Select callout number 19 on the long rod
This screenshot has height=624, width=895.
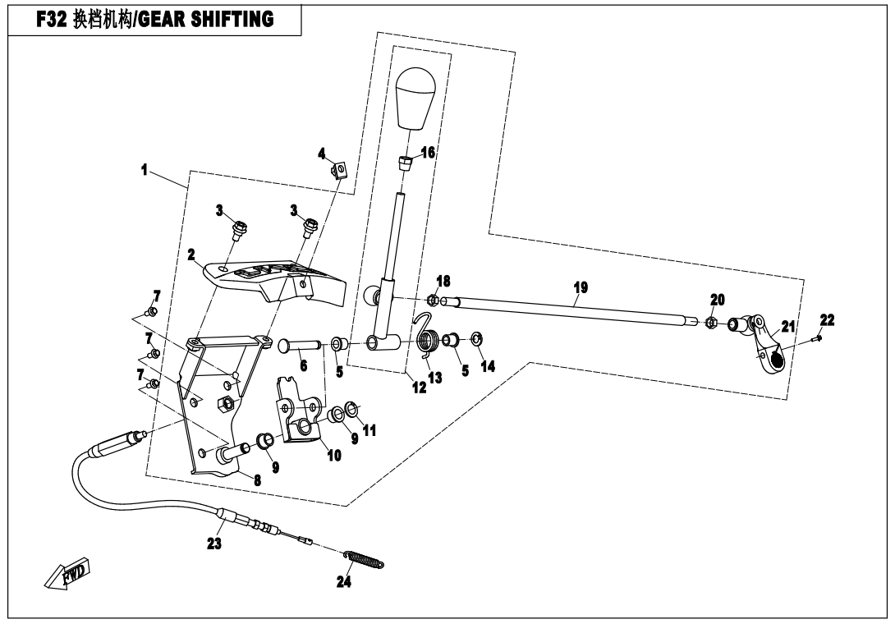(581, 288)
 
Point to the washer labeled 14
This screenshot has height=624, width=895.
(477, 338)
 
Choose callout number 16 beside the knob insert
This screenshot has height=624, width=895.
(428, 153)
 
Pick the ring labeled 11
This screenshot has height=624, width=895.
(351, 407)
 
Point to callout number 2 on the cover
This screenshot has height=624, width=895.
(190, 255)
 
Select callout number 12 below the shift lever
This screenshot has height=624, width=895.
(420, 388)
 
